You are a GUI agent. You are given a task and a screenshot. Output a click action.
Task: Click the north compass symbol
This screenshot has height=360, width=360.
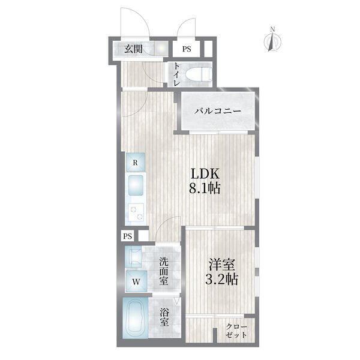272,40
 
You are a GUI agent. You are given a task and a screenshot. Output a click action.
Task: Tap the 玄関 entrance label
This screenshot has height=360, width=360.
133,49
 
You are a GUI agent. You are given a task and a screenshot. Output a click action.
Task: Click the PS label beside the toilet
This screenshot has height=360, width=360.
187,49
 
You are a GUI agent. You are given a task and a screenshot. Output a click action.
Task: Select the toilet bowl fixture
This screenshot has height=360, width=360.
199,74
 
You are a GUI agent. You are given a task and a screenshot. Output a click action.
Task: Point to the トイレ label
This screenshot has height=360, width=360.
176,74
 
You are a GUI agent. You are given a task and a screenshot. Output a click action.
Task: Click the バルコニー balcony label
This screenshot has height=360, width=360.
218,112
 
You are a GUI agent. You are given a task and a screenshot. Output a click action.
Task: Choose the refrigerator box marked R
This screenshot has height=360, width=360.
135,163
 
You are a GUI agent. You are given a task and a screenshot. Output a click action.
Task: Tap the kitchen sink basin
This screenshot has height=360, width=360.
136,185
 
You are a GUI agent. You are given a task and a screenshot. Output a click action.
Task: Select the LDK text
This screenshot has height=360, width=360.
205,174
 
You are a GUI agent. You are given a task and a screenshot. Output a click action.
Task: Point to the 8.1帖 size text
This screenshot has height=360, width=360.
205,189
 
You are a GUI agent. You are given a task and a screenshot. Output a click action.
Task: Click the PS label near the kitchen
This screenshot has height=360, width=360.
128,236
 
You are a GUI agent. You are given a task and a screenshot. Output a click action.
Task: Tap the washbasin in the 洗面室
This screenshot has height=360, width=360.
134,257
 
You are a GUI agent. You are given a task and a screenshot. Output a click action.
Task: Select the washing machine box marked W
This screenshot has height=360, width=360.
136,281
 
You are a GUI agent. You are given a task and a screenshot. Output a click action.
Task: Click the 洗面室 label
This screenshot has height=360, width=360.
163,271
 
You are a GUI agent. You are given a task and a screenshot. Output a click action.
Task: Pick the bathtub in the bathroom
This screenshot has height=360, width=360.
136,319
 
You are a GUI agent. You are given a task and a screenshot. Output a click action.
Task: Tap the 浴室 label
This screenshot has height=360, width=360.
164,317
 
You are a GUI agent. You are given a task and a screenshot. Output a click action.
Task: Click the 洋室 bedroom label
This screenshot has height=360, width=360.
222,264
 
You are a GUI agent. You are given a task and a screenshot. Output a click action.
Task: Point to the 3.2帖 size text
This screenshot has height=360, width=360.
221,279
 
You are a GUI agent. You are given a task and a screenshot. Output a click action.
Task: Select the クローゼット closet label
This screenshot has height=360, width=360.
236,331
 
